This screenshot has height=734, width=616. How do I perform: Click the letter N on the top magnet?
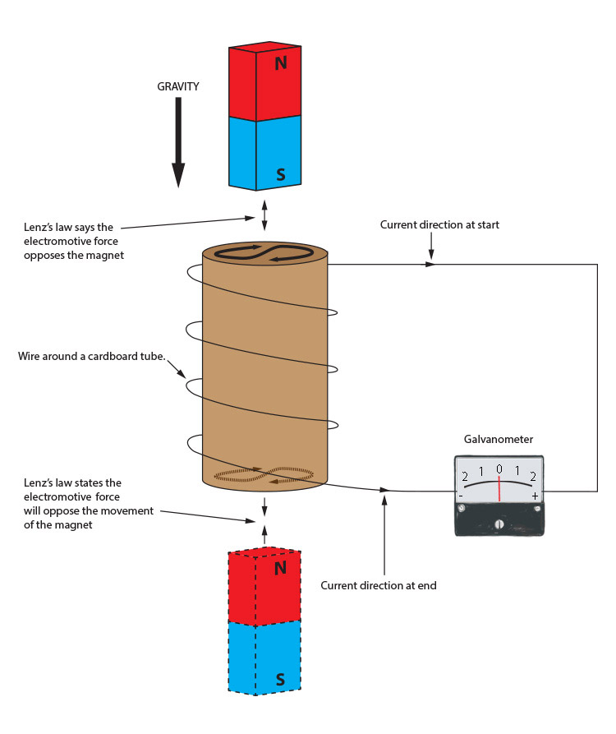click(280, 63)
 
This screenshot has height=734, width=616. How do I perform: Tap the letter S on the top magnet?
click(280, 174)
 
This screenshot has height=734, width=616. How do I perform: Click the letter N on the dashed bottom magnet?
click(279, 568)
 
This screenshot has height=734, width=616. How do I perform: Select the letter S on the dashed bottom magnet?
click(279, 679)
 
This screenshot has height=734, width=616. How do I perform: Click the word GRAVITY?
click(179, 86)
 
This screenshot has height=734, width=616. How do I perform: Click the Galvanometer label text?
click(498, 440)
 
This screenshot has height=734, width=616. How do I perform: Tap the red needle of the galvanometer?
click(499, 488)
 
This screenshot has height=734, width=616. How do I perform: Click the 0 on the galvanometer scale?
click(499, 469)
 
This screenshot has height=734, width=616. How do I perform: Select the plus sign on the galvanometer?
click(535, 496)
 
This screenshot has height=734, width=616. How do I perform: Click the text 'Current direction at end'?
click(379, 585)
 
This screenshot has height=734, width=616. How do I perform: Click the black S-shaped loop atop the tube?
click(264, 253)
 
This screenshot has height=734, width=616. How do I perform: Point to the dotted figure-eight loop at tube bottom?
click(264, 474)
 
